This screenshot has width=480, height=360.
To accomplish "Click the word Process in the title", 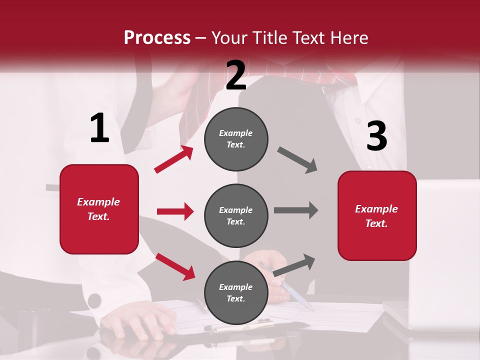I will click(x=157, y=37).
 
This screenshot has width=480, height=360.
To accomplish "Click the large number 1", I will click(x=99, y=128).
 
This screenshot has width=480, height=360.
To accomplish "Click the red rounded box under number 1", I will click(x=99, y=209).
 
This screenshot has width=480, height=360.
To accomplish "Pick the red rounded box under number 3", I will click(x=377, y=216).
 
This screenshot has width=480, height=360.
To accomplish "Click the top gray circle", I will click(x=236, y=139).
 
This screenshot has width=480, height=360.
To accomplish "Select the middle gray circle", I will click(x=236, y=215).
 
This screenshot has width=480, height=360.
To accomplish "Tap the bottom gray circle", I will click(x=236, y=292).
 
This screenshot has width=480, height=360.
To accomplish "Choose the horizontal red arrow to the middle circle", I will click(x=175, y=211).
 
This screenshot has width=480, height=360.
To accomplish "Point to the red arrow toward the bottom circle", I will click(x=175, y=266).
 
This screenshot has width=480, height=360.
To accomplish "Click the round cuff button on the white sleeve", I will click(x=93, y=301).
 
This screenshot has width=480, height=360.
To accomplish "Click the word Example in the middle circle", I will click(x=235, y=210).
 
